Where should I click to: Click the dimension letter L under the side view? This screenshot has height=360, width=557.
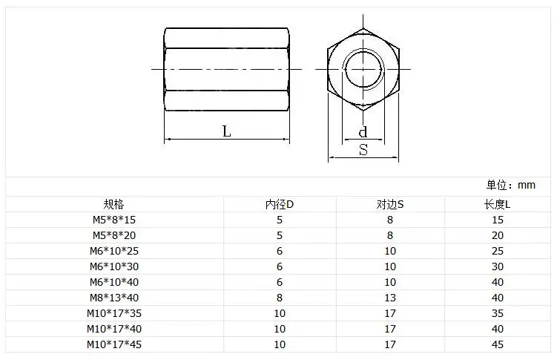pos(227,131)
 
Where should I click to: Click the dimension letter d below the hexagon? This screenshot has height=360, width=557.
pos(363,132)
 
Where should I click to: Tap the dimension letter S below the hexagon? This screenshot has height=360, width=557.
pos(363,150)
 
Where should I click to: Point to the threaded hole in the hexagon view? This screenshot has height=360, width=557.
pos(363,69)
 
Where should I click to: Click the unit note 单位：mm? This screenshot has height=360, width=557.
pos(510,185)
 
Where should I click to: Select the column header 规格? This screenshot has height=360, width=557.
pos(113,204)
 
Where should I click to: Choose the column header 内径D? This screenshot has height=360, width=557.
pos(280,204)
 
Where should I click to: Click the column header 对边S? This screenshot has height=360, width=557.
pos(390,204)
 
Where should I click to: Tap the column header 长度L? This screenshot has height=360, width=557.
pos(498,204)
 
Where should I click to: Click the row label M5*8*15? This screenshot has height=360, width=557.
pos(114,220)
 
